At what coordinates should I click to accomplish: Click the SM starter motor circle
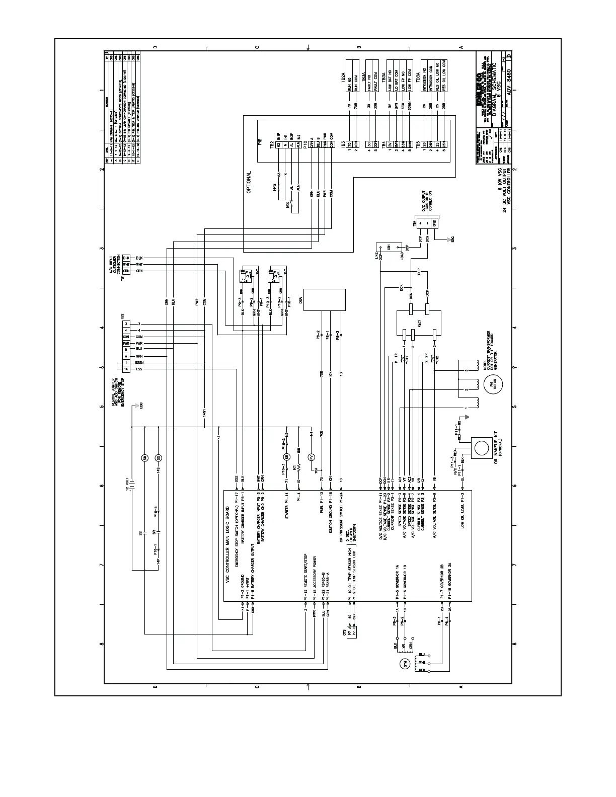(x=145, y=457)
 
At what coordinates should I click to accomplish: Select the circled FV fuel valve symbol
(x=311, y=457)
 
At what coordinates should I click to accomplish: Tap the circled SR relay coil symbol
(x=286, y=457)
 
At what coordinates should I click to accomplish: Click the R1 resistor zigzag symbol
(x=298, y=468)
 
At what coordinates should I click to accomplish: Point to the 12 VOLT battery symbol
(x=132, y=486)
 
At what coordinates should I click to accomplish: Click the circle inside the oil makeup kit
(x=482, y=448)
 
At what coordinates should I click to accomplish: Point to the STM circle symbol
(x=405, y=664)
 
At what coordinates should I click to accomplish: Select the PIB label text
(x=260, y=142)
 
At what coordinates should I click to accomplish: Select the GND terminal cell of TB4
(x=434, y=222)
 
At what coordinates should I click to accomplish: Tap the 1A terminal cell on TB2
(x=126, y=369)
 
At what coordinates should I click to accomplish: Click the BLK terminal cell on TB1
(x=126, y=258)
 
